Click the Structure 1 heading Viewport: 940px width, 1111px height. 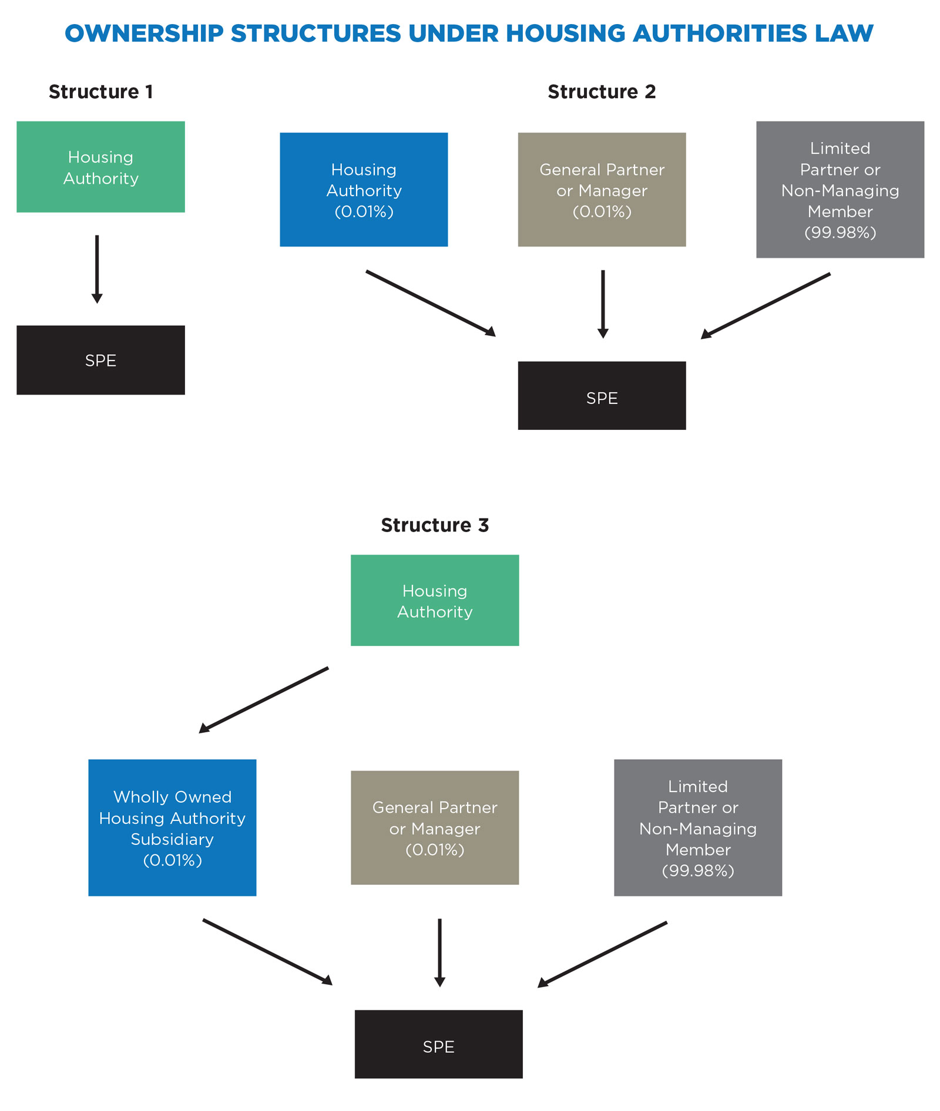coord(100,92)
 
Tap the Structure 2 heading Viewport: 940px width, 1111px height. coord(601,92)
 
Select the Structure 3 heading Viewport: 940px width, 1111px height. coord(434,525)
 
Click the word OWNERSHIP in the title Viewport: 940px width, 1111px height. coord(144,33)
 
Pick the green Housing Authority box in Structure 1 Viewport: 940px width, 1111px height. coord(100,167)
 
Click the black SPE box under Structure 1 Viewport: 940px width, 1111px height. coord(100,360)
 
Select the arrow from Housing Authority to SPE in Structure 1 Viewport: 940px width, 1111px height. coord(97,268)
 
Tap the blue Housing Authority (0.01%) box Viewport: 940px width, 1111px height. coord(364,190)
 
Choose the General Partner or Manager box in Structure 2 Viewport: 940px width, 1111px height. coord(602,190)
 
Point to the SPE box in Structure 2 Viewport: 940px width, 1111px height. coord(602,396)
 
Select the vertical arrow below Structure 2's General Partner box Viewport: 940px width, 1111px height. coord(603,303)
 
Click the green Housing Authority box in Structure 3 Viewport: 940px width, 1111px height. coord(435,600)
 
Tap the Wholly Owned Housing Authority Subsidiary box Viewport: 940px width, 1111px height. coord(172,827)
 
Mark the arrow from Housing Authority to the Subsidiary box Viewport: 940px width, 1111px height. coord(264,700)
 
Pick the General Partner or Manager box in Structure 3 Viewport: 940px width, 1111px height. coord(435,827)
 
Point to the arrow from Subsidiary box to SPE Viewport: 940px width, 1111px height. coord(267,951)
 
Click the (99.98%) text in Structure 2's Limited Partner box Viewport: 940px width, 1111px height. coord(840,233)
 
